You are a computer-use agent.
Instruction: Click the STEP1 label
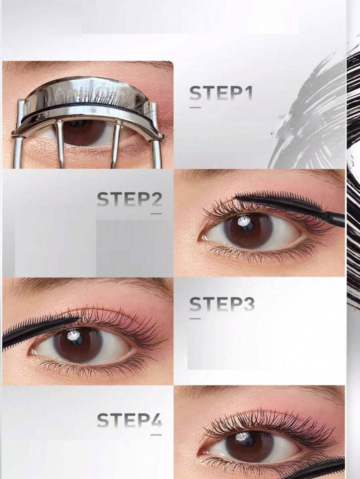(x=221, y=93)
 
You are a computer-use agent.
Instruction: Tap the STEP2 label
(x=129, y=199)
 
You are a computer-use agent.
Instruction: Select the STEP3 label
(x=222, y=304)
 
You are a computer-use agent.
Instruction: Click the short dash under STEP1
(x=195, y=107)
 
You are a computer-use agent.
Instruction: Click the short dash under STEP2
(x=156, y=214)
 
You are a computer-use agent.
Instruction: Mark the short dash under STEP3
(x=195, y=318)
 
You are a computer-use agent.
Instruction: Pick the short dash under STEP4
(x=156, y=434)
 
